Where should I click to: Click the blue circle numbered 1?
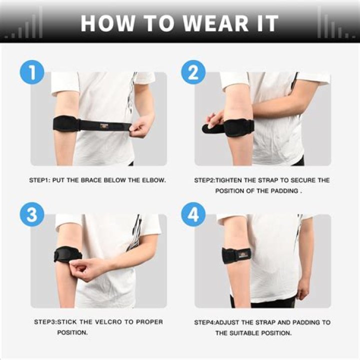coord(32,72)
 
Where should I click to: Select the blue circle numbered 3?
coord(32,215)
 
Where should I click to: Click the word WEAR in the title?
coord(202,23)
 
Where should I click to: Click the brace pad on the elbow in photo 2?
coord(239,127)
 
